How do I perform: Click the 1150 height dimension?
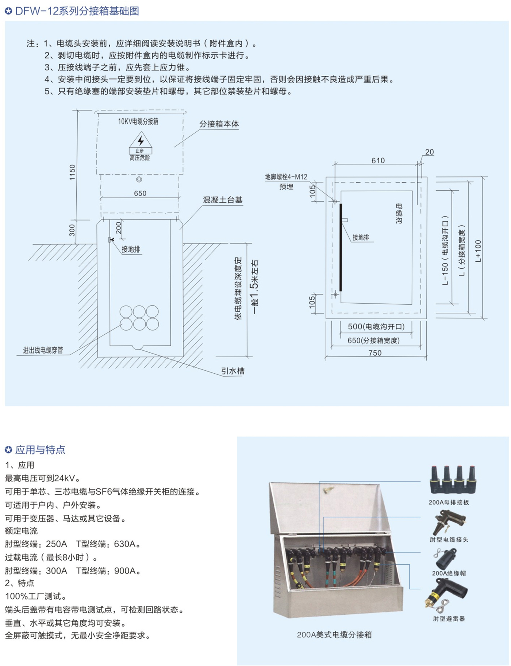pos(72,172)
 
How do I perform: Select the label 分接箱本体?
pos(219,124)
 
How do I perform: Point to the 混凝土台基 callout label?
pos(223,200)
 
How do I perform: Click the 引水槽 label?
pos(233,371)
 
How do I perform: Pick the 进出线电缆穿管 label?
pos(43,350)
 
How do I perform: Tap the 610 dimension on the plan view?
pos(378,160)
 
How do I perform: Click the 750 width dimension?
pos(375,353)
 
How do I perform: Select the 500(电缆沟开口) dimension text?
pos(376,327)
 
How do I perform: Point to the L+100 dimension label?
pos(478,251)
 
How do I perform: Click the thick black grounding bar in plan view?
pos(341,248)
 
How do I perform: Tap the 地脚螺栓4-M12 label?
pos(286,177)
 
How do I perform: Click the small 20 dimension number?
pos(430,152)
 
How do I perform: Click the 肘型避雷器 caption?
pos(449,619)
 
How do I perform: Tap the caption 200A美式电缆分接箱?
pos(334,635)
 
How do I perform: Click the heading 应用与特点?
pos(40,450)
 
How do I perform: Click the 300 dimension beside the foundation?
pos(72,230)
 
